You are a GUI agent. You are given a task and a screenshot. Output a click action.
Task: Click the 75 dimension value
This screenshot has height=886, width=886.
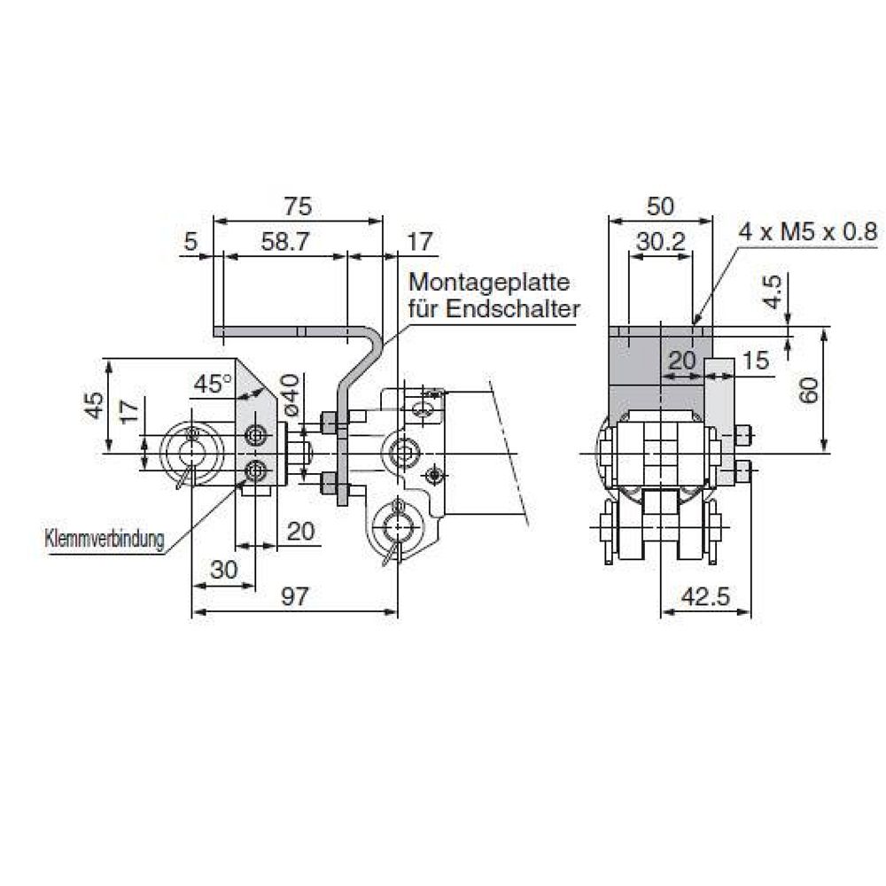[x=299, y=206]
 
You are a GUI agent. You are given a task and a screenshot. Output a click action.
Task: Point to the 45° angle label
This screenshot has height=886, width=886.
[x=212, y=384]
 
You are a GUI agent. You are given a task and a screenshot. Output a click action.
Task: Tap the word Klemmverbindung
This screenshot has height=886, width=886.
[x=104, y=540]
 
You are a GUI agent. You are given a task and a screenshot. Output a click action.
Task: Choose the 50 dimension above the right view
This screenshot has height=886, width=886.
[x=659, y=206]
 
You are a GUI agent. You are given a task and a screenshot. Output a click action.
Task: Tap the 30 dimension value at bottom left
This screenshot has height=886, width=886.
[x=224, y=571]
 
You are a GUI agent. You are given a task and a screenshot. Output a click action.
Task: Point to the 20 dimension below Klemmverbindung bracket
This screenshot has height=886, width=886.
[x=301, y=531]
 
